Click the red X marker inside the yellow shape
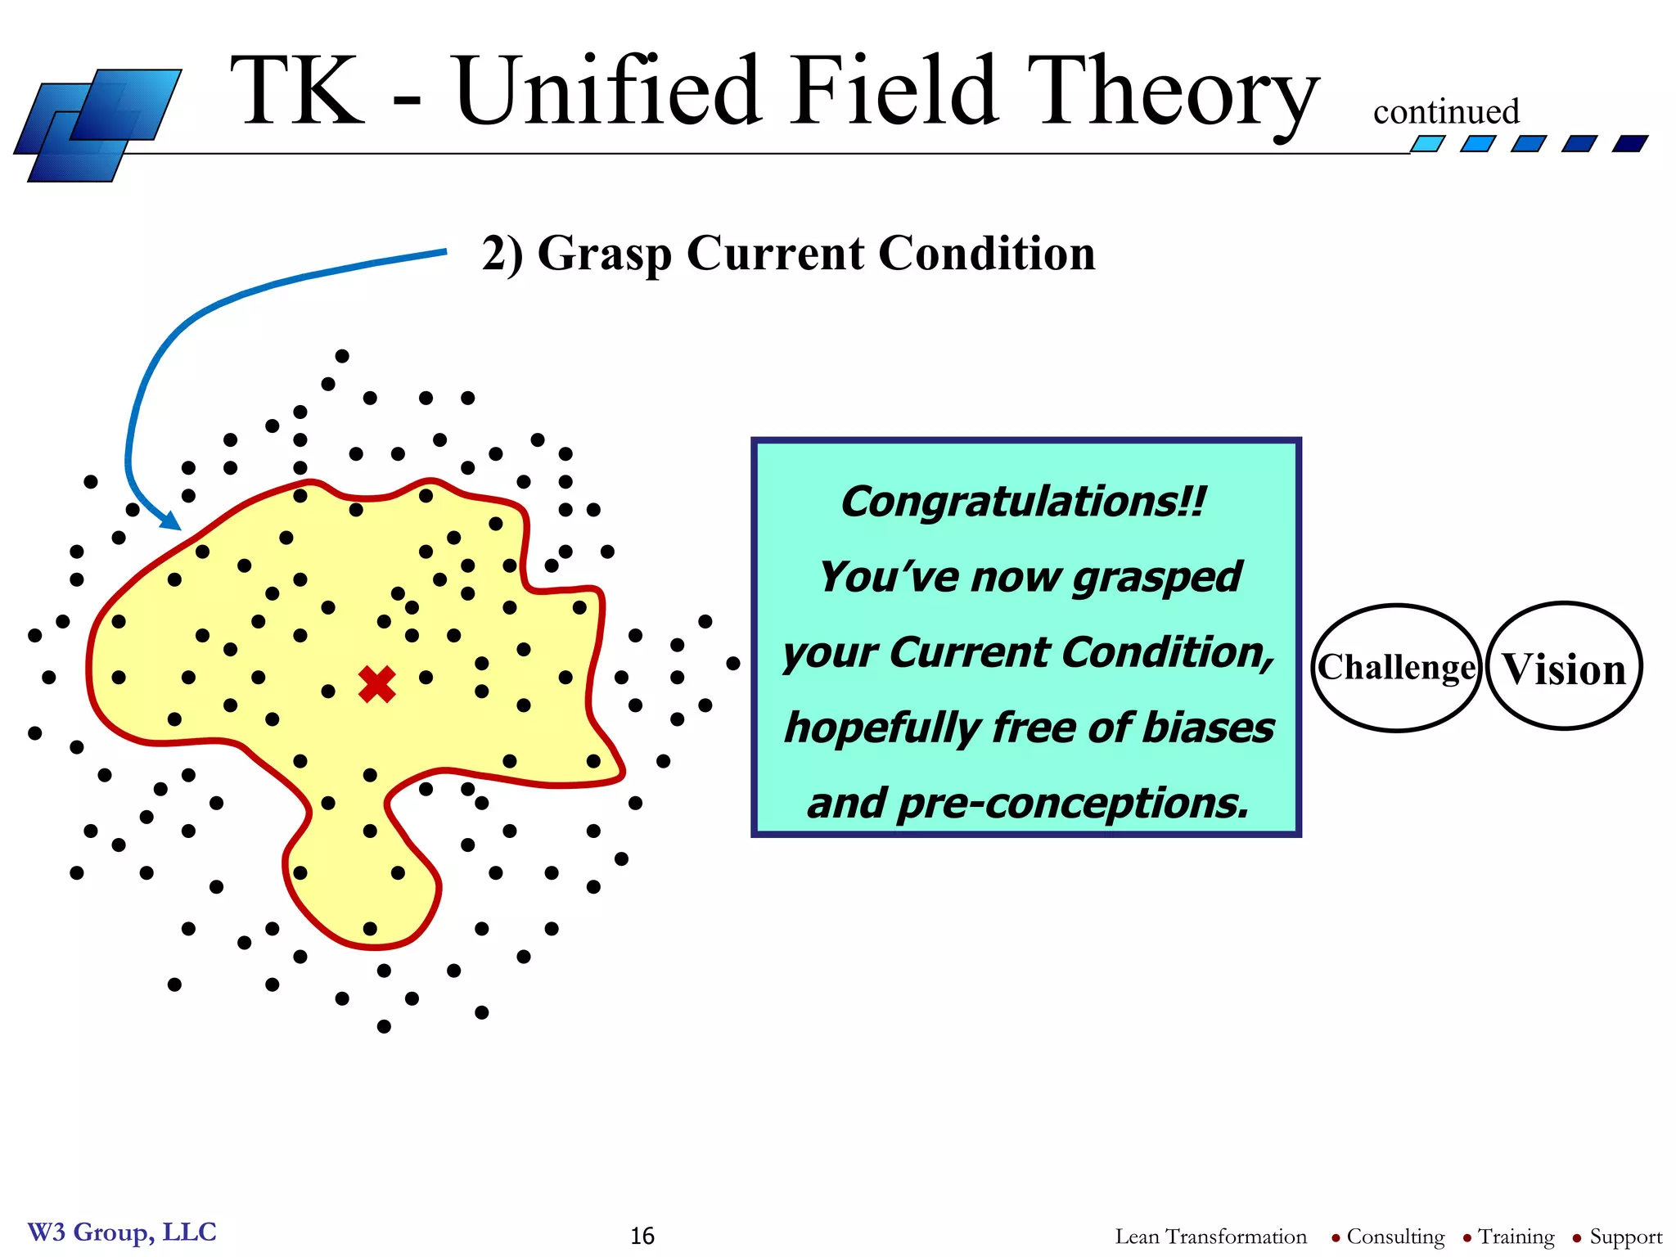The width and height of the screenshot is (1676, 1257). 377,684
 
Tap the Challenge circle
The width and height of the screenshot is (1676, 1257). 1396,668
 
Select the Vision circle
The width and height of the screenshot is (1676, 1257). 1564,668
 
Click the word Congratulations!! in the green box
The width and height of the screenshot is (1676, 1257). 1023,502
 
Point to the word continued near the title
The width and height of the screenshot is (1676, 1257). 1446,112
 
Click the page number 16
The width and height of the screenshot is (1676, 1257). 642,1236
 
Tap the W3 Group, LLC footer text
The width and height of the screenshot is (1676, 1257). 122,1232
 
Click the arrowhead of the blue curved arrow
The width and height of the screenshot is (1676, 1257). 171,521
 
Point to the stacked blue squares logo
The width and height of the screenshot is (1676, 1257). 97,124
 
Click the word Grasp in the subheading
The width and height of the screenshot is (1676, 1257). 605,254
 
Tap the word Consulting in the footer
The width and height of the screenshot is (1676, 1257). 1395,1237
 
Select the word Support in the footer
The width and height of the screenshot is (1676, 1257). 1625,1237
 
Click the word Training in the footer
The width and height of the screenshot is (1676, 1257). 1516,1237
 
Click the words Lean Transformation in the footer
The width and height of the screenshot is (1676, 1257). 1210,1237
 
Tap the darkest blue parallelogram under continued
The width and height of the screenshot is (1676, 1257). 1630,144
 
